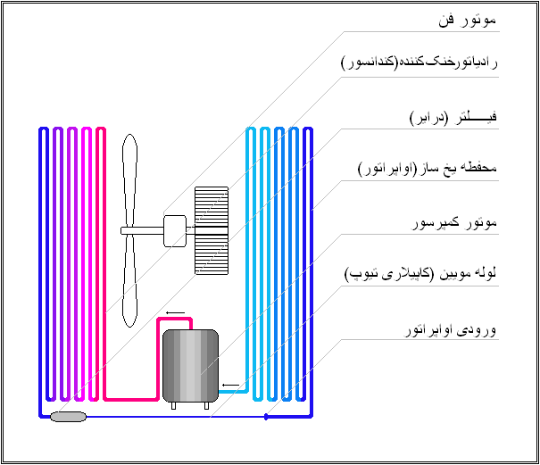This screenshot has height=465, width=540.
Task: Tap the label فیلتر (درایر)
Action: [453, 118]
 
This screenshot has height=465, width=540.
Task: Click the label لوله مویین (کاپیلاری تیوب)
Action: [420, 275]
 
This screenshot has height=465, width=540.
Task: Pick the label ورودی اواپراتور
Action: [448, 330]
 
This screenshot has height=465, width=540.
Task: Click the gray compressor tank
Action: [190, 365]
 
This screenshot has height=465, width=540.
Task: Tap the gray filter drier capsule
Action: [68, 416]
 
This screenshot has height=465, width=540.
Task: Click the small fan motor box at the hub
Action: [175, 229]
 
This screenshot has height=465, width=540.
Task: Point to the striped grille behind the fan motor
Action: [212, 229]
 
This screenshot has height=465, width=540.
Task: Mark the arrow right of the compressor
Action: [230, 386]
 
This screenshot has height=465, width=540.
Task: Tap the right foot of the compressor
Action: [206, 405]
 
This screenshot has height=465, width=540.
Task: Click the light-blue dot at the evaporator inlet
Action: [267, 416]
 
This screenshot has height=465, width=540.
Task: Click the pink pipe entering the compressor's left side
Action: [134, 398]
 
